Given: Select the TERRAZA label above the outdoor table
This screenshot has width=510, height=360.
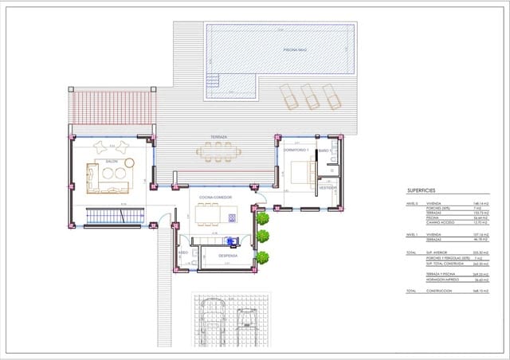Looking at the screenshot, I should [218, 137].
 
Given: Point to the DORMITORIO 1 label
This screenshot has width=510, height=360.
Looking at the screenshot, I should [296, 150].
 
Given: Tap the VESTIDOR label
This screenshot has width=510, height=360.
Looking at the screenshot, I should [328, 188].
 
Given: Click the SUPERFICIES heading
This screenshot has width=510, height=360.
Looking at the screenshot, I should [422, 192].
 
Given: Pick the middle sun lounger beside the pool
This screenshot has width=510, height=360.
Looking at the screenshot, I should [309, 96].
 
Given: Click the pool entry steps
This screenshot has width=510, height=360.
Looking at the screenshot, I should [213, 81].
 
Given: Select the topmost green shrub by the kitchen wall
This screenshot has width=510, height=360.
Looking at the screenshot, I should [262, 217].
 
